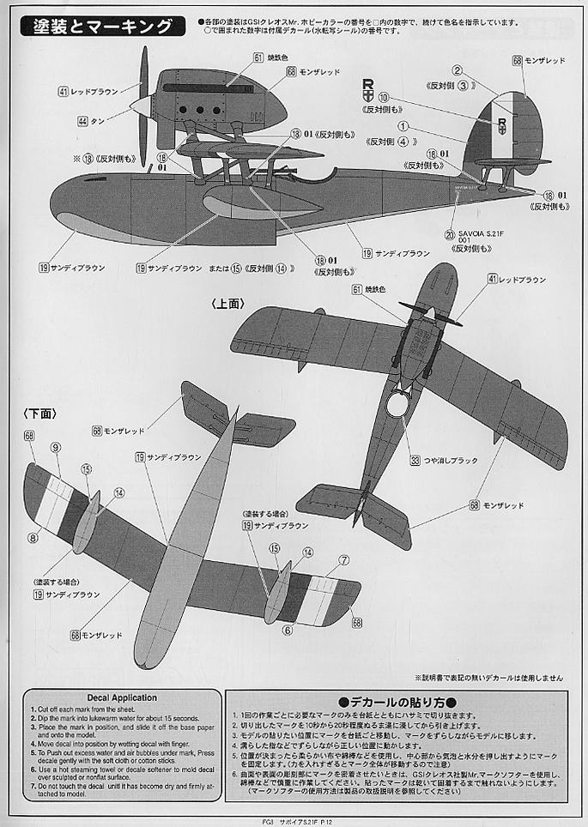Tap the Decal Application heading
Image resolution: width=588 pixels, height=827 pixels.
click(122, 697)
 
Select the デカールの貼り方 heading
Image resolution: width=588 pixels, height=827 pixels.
click(397, 701)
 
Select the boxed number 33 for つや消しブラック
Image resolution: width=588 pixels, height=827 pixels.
click(415, 461)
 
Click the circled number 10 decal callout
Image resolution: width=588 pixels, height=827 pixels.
click(383, 100)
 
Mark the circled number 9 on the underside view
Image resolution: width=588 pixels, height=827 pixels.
click(55, 447)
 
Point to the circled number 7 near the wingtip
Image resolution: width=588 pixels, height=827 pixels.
click(343, 560)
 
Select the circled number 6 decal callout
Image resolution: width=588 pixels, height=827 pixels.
click(288, 630)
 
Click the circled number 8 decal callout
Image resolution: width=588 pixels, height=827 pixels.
click(33, 538)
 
